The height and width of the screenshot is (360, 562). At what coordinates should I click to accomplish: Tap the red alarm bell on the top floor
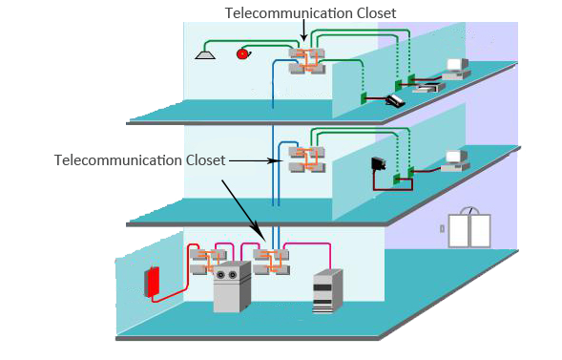coord(242,53)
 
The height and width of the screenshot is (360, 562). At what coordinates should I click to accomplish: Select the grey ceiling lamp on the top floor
coord(204,54)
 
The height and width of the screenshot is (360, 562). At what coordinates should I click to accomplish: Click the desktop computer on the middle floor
coord(456,159)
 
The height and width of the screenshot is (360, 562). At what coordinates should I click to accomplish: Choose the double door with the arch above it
coord(468,229)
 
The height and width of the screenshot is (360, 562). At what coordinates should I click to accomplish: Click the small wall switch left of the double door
coord(442,228)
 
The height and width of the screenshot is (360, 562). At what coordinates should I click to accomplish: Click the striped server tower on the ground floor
coord(326,292)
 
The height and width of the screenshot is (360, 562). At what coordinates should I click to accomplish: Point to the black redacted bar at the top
coord(309,12)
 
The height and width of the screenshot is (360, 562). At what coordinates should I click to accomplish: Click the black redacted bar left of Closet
coord(117,159)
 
